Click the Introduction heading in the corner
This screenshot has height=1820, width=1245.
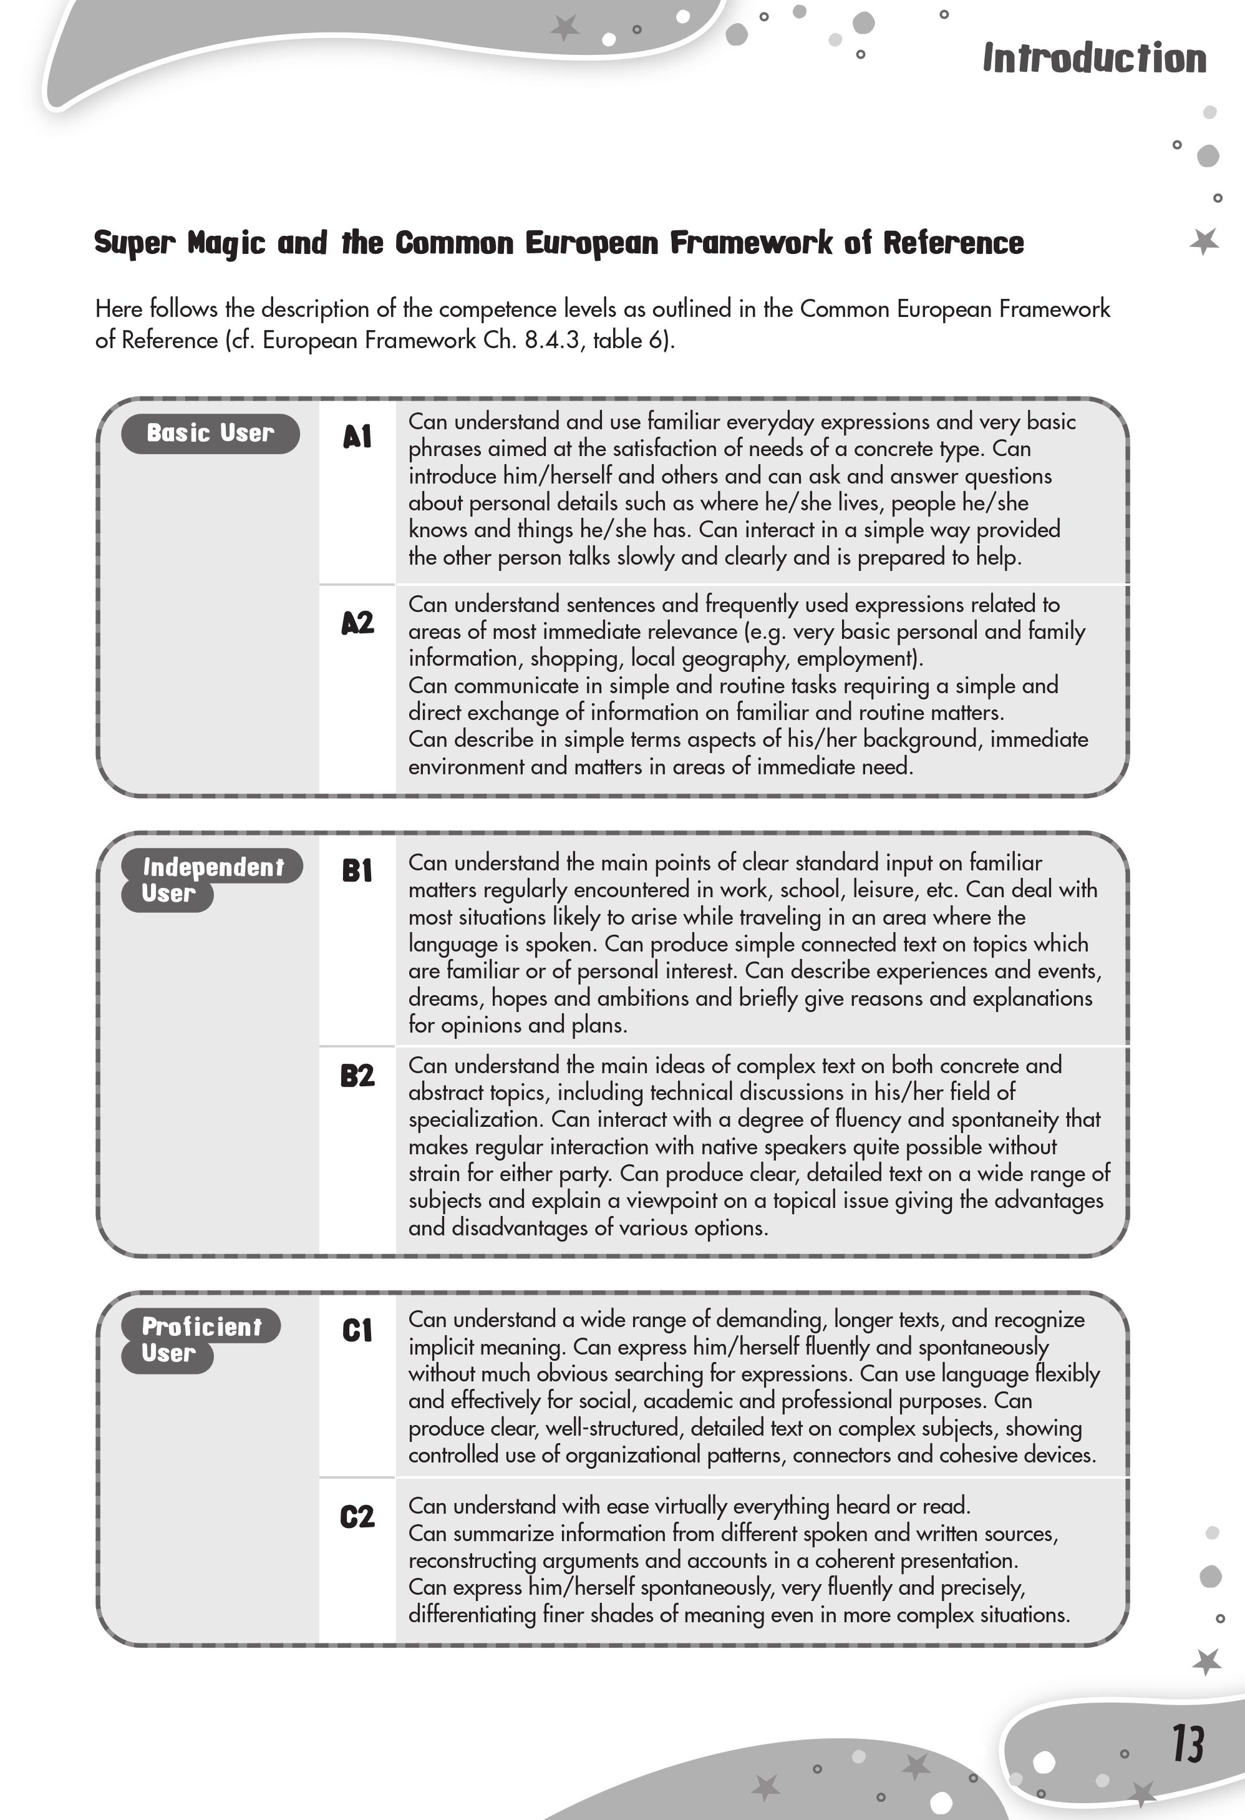pos(1094,59)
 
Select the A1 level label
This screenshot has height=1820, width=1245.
pos(357,437)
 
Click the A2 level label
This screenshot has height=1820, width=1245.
pos(357,623)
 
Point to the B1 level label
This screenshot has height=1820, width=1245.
pos(357,871)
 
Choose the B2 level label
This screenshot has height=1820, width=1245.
pos(357,1076)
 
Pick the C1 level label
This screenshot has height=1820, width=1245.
pos(357,1331)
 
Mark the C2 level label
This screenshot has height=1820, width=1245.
pos(357,1518)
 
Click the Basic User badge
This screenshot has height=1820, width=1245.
pos(210,433)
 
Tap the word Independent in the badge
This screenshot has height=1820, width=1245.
pos(213,867)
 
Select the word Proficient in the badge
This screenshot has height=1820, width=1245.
pos(202,1326)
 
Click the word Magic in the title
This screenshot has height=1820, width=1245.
pos(226,243)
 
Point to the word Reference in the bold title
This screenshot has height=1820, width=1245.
pos(953,243)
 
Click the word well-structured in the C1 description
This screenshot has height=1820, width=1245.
pos(613,1428)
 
